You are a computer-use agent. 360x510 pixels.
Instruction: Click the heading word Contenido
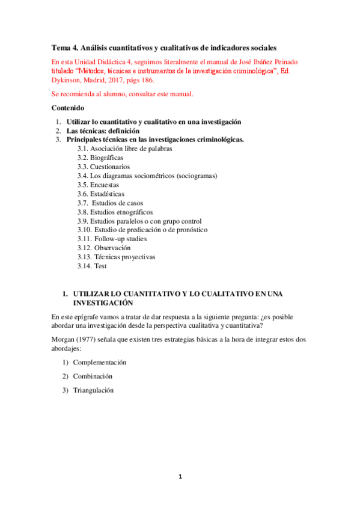click(x=68, y=109)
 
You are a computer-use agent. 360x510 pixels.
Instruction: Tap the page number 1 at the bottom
click(x=180, y=476)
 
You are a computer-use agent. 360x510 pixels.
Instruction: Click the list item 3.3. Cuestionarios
click(x=103, y=167)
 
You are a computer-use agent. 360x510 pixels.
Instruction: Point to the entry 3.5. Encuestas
click(x=98, y=185)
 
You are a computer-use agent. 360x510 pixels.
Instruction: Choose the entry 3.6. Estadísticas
click(x=101, y=194)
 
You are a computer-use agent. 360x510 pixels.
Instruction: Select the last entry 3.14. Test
click(x=92, y=266)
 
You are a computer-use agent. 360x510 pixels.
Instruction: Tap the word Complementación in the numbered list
click(x=100, y=363)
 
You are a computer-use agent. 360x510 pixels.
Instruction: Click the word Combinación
click(x=93, y=376)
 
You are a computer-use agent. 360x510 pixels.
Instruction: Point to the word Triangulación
click(x=93, y=390)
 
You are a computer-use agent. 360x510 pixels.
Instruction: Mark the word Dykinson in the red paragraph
click(x=67, y=80)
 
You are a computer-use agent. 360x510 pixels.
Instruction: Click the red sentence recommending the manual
click(x=122, y=94)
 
